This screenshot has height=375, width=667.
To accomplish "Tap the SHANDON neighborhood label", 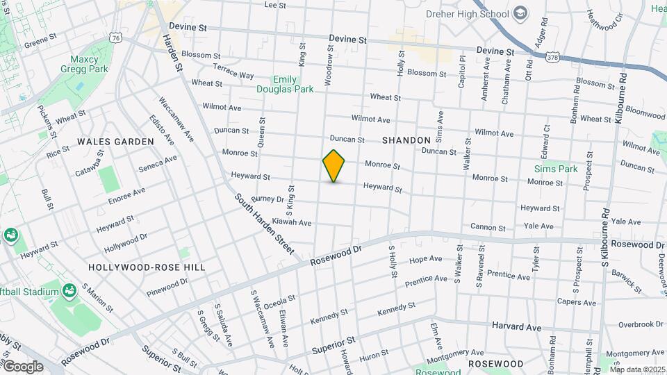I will click(406, 140).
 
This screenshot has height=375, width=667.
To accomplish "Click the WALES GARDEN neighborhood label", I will click(115, 142).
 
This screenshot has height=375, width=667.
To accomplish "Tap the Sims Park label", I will click(556, 169).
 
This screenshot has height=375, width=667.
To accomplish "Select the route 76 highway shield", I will click(115, 39).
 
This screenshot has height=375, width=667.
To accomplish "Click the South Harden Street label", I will click(265, 223).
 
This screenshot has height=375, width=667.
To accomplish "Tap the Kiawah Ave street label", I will click(292, 222).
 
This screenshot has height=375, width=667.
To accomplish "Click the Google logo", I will click(23, 366).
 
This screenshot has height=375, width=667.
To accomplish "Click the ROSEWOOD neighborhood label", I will click(495, 364).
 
